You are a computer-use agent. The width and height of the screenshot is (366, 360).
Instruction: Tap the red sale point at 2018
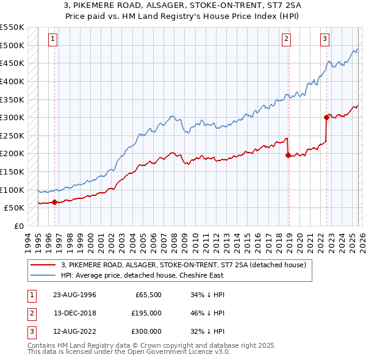pyautogui.click(x=288, y=156)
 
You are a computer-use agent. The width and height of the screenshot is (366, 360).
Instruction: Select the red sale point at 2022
pyautogui.click(x=326, y=117)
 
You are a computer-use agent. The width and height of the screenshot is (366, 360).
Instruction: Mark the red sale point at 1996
pyautogui.click(x=55, y=202)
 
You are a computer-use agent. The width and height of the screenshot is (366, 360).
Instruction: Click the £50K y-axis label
pyautogui.click(x=15, y=208)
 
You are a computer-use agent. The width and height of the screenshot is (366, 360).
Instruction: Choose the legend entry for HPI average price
pyautogui.click(x=142, y=275)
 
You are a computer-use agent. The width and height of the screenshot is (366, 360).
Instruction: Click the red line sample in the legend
pyautogui.click(x=43, y=265)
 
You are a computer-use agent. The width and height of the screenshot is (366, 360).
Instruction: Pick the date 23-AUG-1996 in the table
pyautogui.click(x=74, y=295)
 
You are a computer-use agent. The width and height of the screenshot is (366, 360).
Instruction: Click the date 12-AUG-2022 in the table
pyautogui.click(x=74, y=331)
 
